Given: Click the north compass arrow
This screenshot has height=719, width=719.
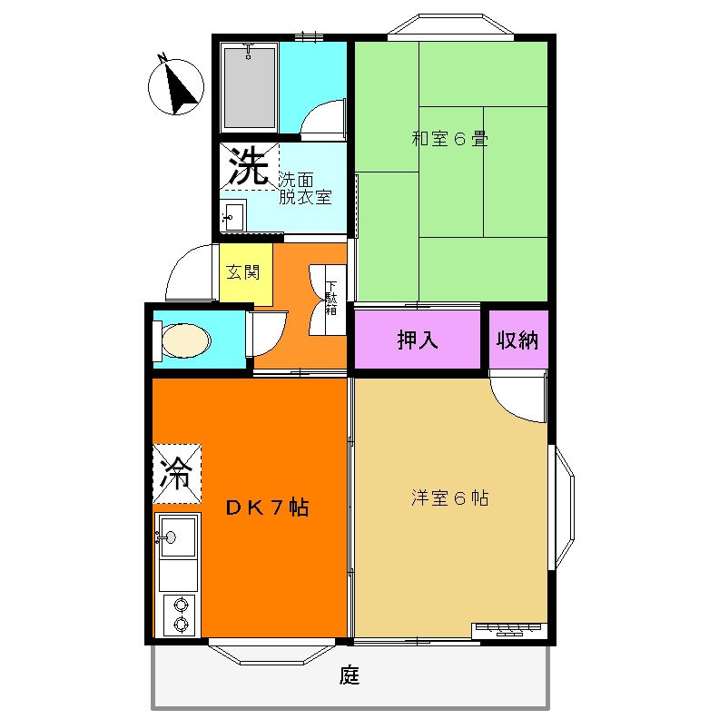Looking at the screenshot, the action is [179, 87].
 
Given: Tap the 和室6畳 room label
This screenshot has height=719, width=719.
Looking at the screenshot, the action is [450, 139].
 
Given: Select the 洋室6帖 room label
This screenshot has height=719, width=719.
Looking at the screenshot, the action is [450, 497].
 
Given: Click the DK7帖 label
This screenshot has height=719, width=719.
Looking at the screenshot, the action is [268, 507].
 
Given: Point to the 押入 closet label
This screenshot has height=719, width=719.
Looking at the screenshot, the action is [418, 340].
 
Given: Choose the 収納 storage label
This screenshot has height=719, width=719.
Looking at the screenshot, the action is [517, 340].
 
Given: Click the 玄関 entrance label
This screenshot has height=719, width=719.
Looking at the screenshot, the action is [243, 272].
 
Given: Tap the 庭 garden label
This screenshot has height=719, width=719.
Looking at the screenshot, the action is [350, 675].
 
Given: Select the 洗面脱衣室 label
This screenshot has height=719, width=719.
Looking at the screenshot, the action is [305, 188].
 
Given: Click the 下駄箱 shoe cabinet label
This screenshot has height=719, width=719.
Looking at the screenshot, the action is [331, 298].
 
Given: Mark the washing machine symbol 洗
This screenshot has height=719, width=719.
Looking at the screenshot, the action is [249, 165].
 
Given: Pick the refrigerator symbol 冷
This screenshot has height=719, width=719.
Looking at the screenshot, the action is [176, 473].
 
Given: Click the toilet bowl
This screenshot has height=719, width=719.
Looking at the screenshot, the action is [186, 340].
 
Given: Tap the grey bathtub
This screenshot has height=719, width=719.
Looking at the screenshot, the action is [250, 87].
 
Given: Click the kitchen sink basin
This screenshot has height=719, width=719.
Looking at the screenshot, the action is [178, 536].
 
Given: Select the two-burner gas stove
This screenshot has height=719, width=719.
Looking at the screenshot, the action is [180, 616].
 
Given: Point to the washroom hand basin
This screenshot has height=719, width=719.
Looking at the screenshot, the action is [233, 215].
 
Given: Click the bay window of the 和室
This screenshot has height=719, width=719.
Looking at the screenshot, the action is [450, 25].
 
